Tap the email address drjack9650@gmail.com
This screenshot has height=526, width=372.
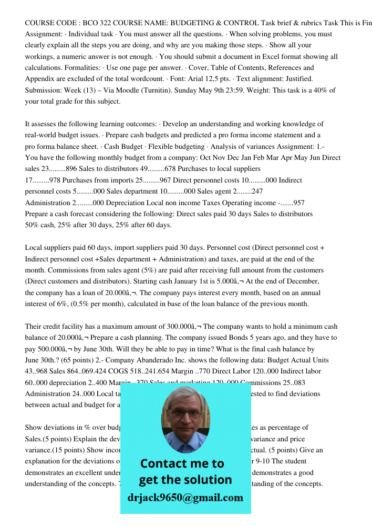[185, 497]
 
